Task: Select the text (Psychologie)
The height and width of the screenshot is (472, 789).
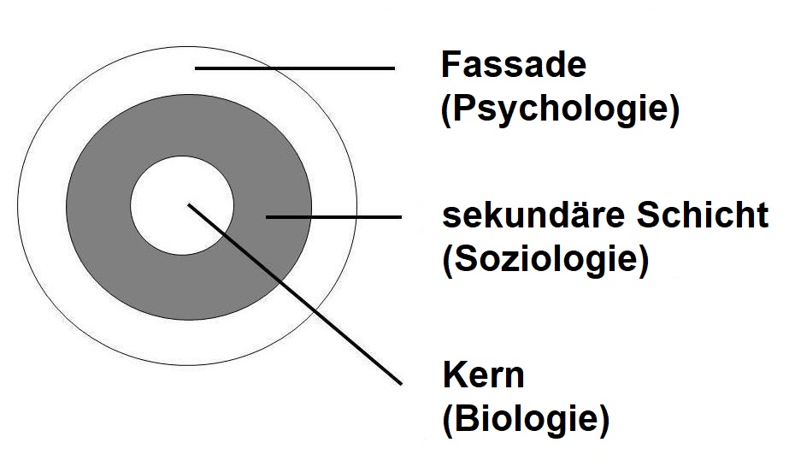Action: (x=560, y=111)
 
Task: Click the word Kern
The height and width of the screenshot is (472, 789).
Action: (x=483, y=375)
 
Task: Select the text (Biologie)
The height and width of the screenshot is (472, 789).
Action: (x=525, y=420)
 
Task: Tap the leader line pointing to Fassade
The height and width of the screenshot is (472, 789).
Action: (x=295, y=68)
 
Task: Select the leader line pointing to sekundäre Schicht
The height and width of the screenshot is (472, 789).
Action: (x=333, y=217)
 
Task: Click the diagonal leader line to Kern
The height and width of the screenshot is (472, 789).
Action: (x=295, y=292)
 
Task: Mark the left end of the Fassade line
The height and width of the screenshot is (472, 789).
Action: (x=197, y=68)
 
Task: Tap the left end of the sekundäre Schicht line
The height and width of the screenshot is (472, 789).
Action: (x=267, y=217)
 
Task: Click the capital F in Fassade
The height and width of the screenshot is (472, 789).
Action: (x=450, y=66)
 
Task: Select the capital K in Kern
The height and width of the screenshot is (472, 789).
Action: (x=452, y=375)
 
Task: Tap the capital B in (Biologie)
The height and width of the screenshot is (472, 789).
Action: (x=463, y=420)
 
